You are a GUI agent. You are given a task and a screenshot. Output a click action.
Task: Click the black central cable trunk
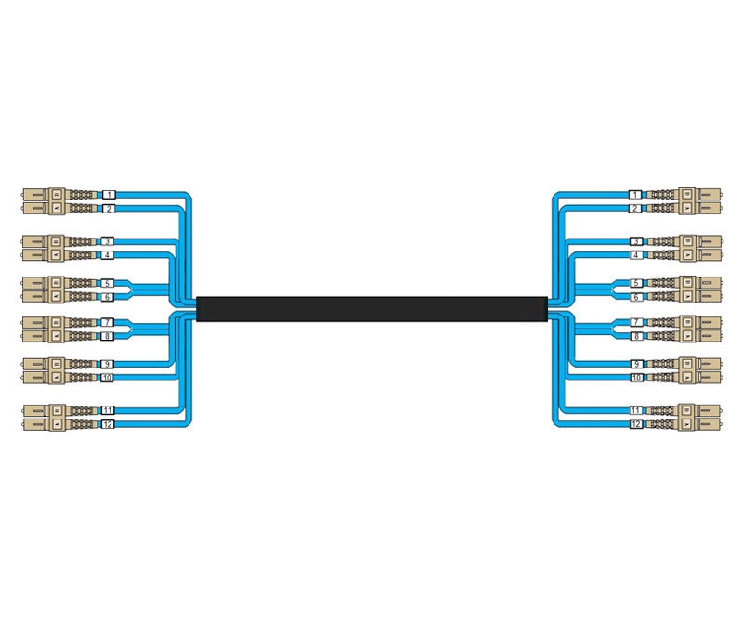[x=372, y=309]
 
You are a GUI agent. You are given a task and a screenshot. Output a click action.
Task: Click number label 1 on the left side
[x=109, y=195]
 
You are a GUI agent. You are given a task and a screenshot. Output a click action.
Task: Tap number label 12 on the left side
[x=108, y=424]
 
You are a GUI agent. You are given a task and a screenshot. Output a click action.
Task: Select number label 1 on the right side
[x=635, y=195]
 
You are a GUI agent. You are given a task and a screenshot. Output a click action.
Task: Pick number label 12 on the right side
[x=636, y=424]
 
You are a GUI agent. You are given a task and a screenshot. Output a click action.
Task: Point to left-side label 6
[x=107, y=297]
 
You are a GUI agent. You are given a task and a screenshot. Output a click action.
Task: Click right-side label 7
[x=636, y=323]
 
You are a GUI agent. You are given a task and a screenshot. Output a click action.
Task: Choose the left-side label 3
[x=107, y=241]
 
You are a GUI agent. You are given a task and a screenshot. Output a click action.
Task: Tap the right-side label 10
[x=636, y=378]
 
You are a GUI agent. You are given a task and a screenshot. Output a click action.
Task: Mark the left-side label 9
[x=107, y=364]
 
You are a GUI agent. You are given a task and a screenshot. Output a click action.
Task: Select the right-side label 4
[x=636, y=255]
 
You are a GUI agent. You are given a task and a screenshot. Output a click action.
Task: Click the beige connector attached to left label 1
[x=44, y=194]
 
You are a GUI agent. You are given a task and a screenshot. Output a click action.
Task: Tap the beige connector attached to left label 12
[x=44, y=424]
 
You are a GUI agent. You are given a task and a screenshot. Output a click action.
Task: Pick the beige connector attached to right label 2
[x=699, y=209]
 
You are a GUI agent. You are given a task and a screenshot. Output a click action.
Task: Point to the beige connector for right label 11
[x=699, y=410]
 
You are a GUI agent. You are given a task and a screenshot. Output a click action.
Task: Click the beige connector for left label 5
[x=43, y=283]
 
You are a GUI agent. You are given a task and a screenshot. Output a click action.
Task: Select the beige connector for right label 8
[x=700, y=336]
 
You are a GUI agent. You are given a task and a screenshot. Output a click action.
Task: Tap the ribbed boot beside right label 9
[x=661, y=364]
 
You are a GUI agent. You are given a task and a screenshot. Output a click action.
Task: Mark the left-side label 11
[x=108, y=410]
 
